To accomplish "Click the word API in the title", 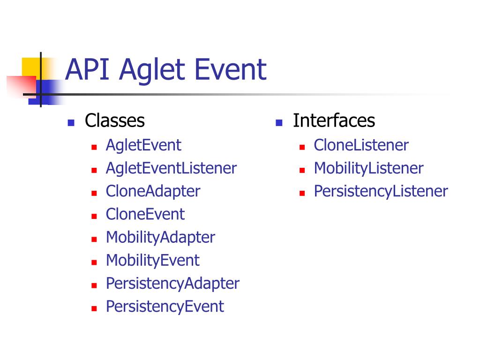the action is click(87, 69).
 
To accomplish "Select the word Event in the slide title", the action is click(231, 69).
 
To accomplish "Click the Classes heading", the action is click(115, 120).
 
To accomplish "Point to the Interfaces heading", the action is click(334, 120).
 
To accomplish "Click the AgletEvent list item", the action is click(143, 145).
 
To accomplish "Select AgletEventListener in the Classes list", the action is click(171, 168).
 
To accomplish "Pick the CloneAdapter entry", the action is click(153, 191).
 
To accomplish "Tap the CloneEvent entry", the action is click(145, 214).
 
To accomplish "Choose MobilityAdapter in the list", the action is click(160, 238).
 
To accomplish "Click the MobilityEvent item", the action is click(153, 261).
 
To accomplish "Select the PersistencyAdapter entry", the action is click(172, 284).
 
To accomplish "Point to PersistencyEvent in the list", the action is click(165, 307).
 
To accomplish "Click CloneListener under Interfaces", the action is click(361, 145).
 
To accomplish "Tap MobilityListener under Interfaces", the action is click(368, 168).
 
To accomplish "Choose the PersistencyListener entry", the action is click(381, 191).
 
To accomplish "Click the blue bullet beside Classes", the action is click(71, 123).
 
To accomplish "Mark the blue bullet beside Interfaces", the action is click(279, 123).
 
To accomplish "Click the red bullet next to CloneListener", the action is click(302, 147).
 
